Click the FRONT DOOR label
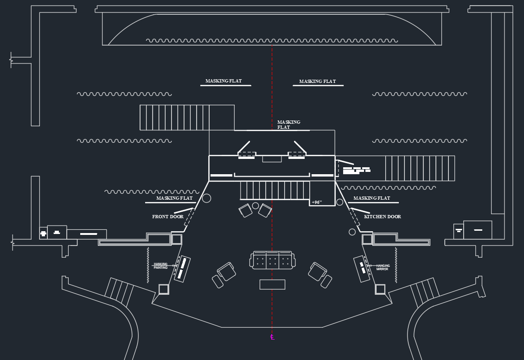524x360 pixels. click(x=167, y=217)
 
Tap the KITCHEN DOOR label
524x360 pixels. click(x=382, y=217)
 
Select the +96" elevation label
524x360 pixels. click(x=316, y=202)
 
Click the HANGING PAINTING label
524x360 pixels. click(x=160, y=266)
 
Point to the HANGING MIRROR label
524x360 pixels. click(x=383, y=267)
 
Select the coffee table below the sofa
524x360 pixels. click(x=272, y=284)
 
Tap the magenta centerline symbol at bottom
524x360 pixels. click(x=272, y=337)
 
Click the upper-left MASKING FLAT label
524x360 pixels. click(x=224, y=81)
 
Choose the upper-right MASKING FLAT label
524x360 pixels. click(x=317, y=82)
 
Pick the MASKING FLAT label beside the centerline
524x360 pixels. click(x=288, y=125)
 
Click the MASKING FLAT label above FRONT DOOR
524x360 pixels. click(x=174, y=198)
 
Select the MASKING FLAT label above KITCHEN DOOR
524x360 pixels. click(x=371, y=198)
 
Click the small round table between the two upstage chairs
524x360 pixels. click(x=255, y=205)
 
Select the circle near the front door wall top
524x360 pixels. click(x=207, y=198)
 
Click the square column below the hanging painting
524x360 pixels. click(x=164, y=289)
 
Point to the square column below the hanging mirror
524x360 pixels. click(x=380, y=289)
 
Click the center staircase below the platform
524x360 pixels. click(x=275, y=190)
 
